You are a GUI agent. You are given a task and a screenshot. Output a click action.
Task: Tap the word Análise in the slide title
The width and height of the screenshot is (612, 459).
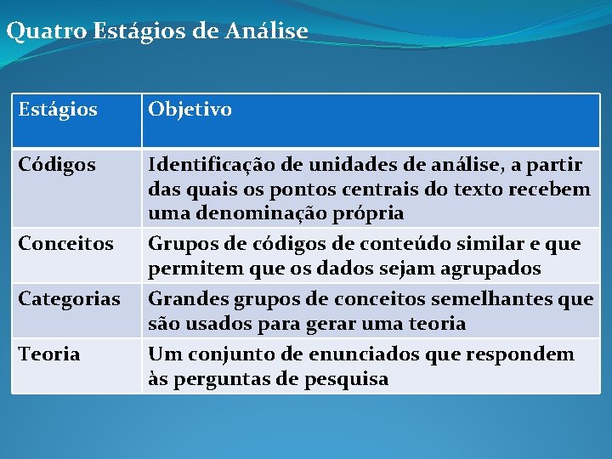coord(266,31)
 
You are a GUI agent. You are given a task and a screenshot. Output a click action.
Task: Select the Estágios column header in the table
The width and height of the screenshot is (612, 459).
coord(58,110)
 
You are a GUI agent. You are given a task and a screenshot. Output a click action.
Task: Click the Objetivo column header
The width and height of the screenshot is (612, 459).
coord(190,110)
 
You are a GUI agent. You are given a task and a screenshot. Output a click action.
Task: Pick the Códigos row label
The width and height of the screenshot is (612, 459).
coord(57,164)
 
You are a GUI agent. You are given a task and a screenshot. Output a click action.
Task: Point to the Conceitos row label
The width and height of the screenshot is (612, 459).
coord(65,244)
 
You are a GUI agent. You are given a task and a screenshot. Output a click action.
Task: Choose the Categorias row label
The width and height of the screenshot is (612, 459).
coord(69,299)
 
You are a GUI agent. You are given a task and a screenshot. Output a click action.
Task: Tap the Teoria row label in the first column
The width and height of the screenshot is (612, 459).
coord(49,354)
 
